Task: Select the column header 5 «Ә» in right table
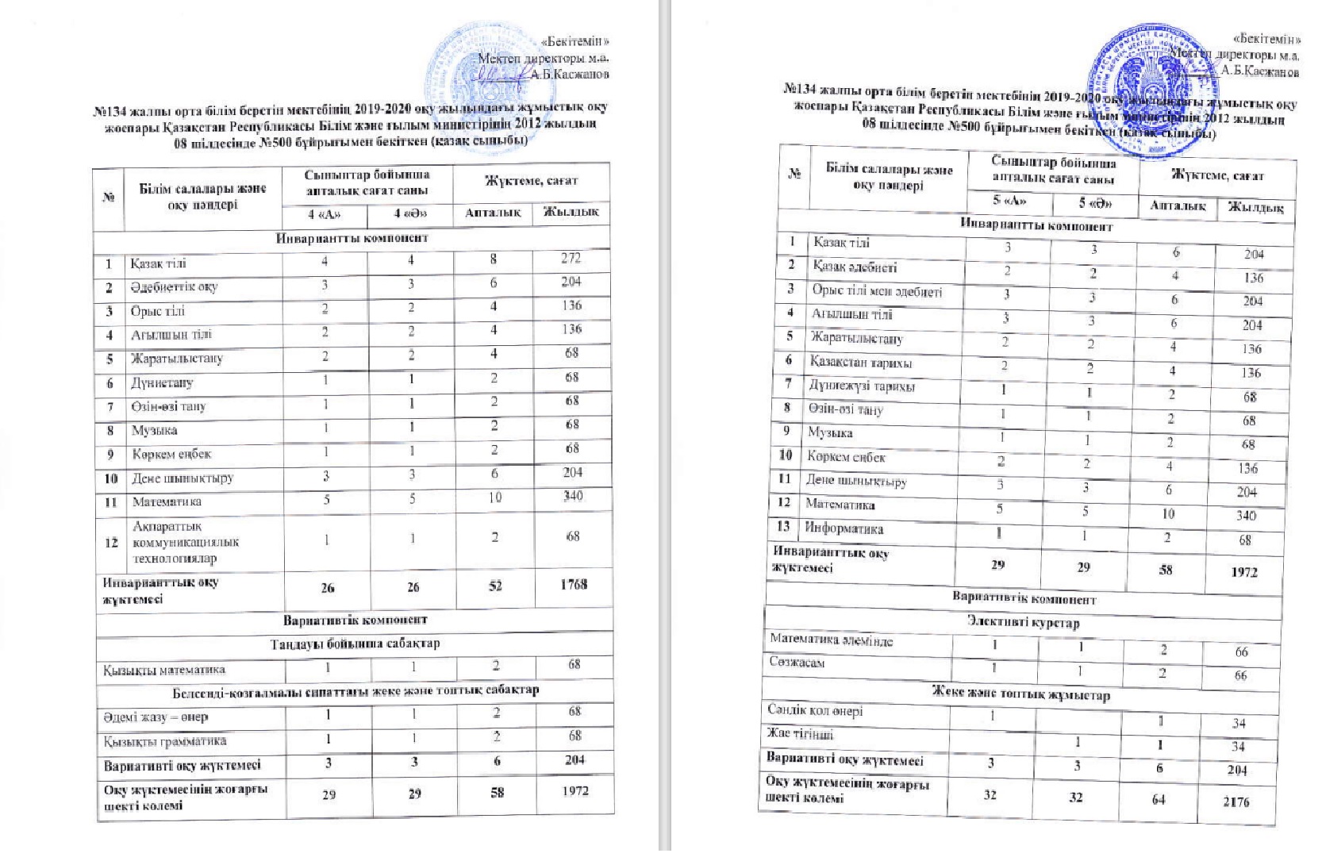(x=1095, y=203)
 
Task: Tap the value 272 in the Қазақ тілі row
(x=571, y=258)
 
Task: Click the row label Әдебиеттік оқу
(x=175, y=287)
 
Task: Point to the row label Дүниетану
(x=162, y=382)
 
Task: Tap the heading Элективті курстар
(x=1023, y=624)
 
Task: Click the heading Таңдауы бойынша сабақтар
(x=355, y=643)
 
